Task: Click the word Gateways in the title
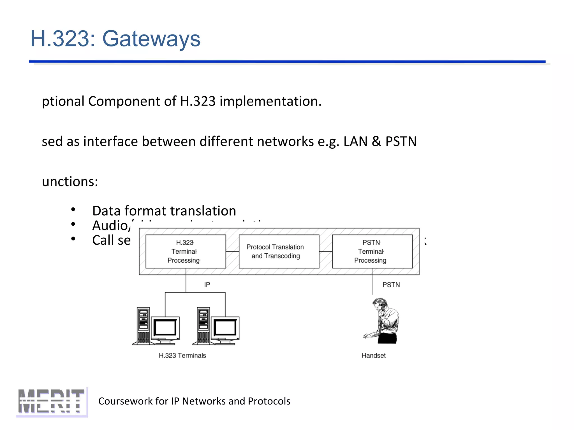click(x=151, y=39)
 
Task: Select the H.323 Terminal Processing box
click(x=186, y=251)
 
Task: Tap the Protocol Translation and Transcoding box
click(x=279, y=251)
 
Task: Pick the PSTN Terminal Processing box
click(x=372, y=251)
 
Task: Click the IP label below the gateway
click(x=207, y=285)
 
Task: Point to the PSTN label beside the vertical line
click(x=391, y=285)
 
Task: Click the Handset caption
click(x=373, y=356)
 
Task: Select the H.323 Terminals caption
click(x=182, y=356)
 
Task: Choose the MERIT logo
click(x=52, y=401)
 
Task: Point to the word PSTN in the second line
click(x=401, y=141)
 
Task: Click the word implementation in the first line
click(x=270, y=101)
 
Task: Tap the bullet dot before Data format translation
click(x=73, y=209)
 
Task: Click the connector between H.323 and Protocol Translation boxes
click(x=232, y=251)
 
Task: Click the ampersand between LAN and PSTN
click(x=376, y=141)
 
